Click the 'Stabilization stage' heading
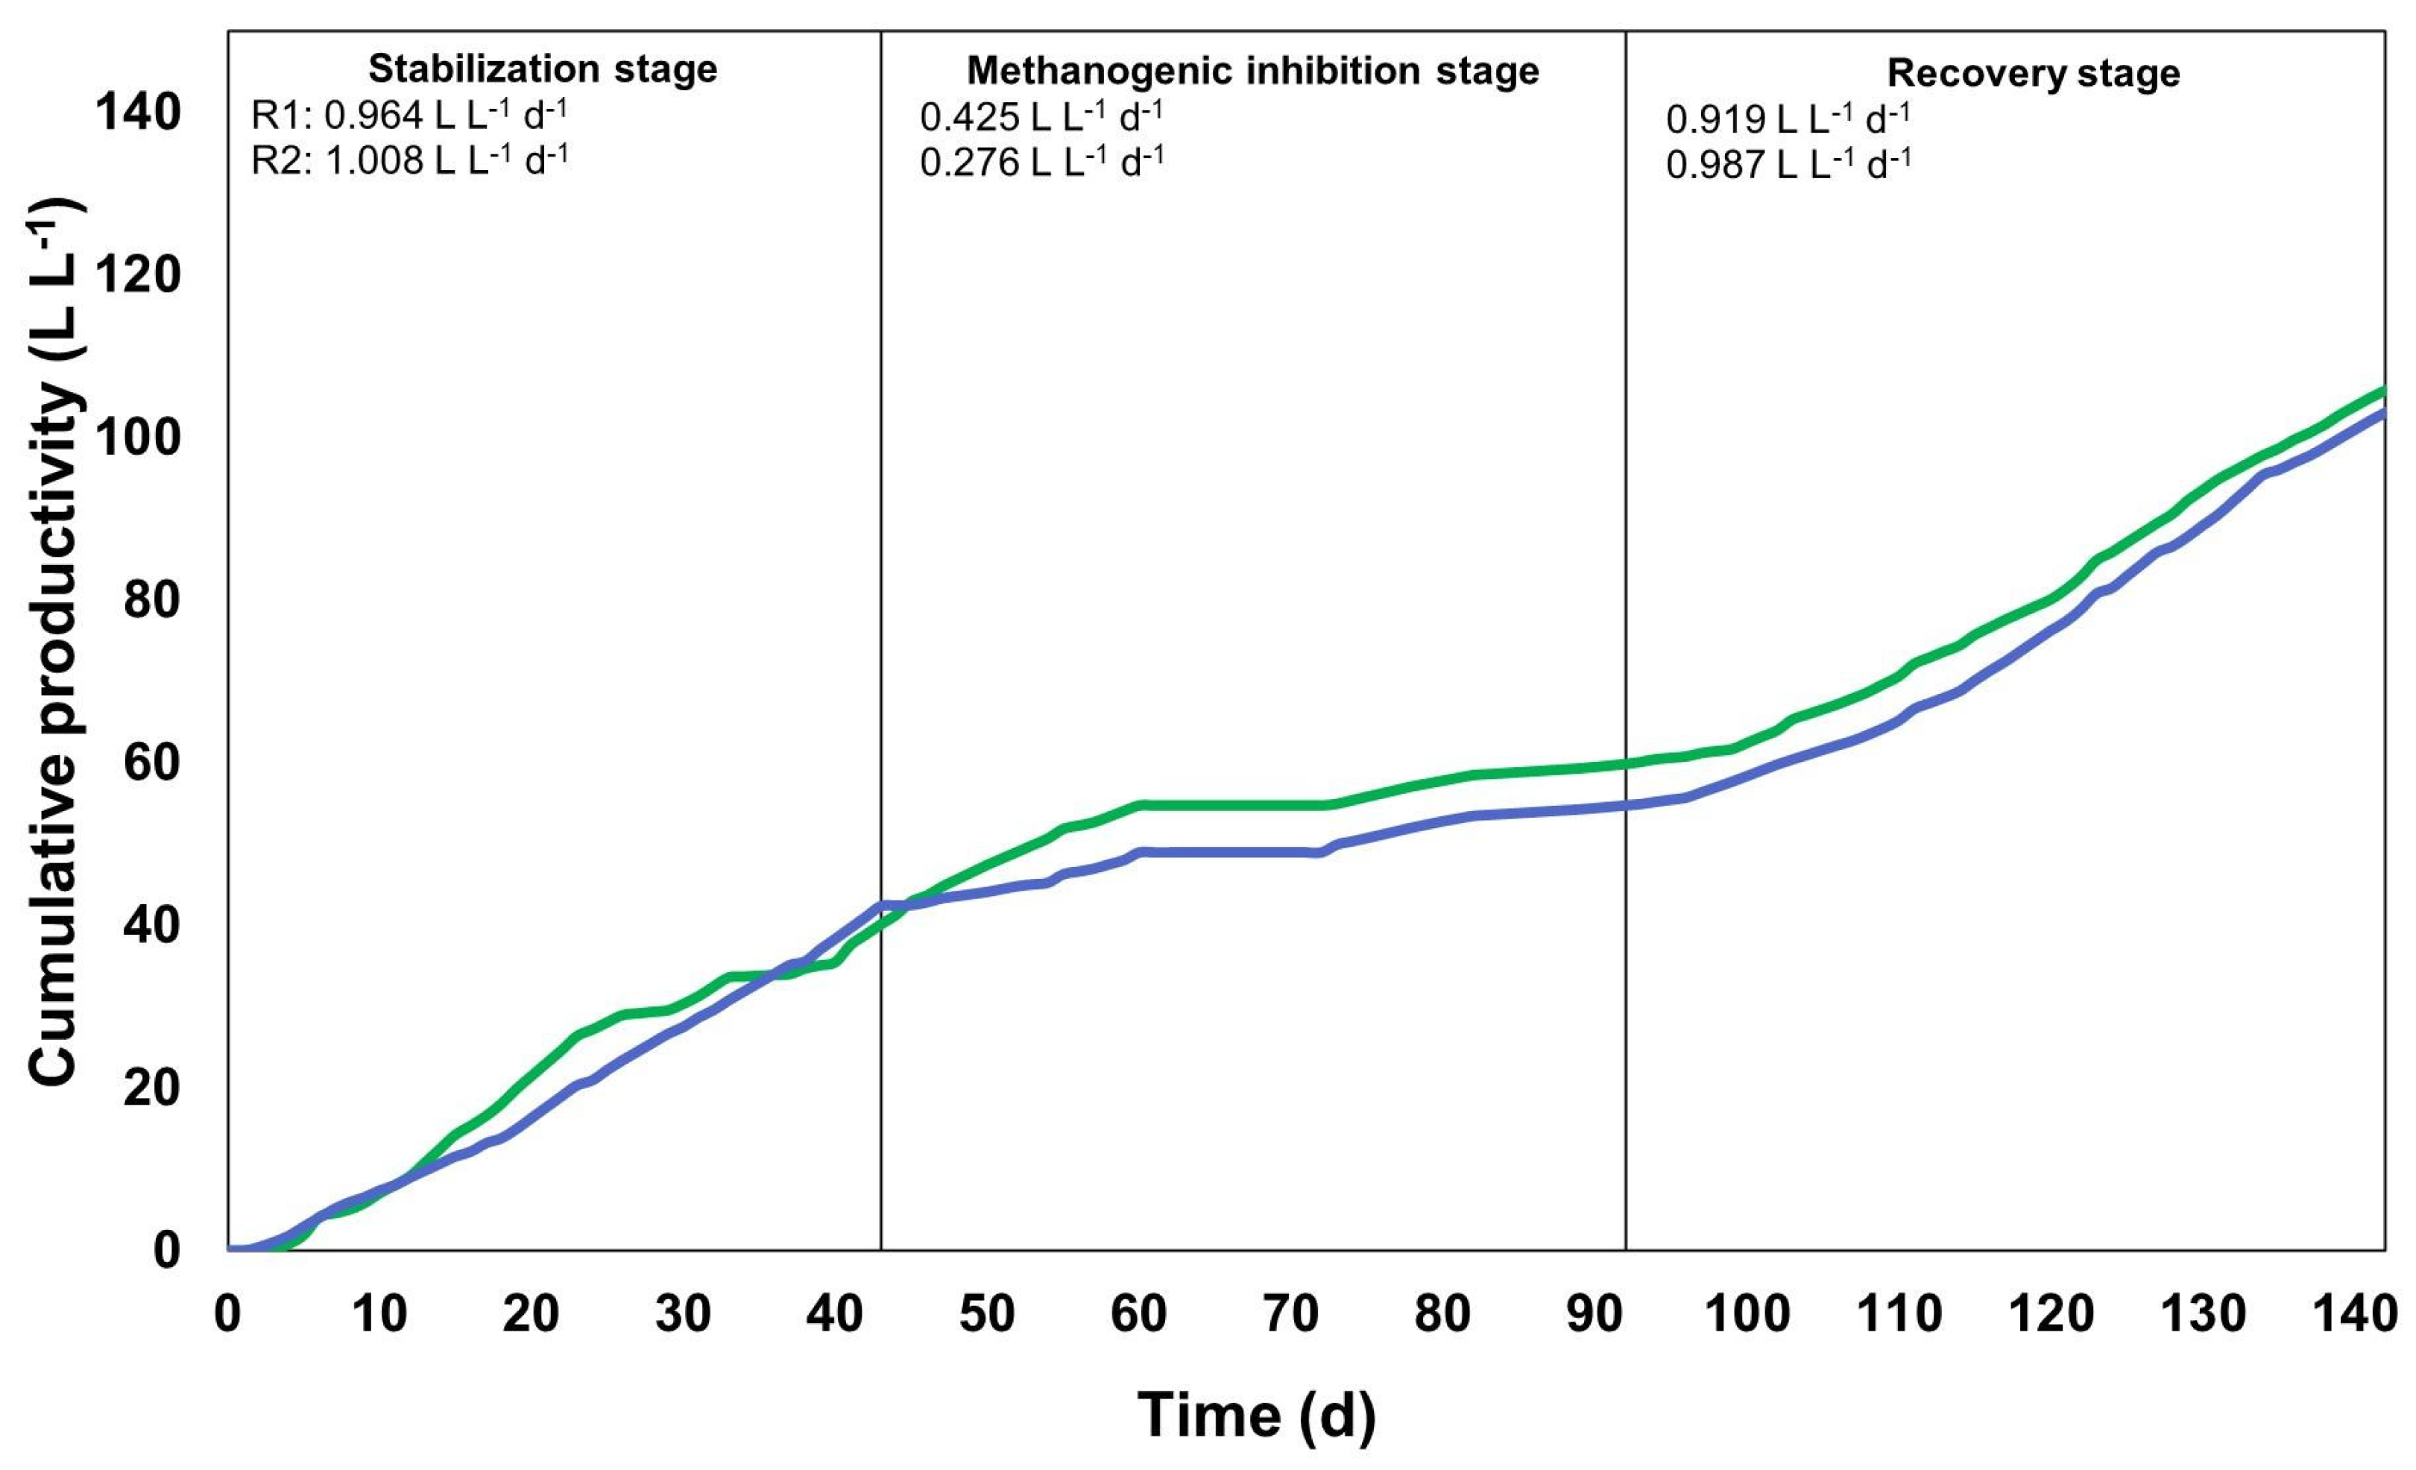542,69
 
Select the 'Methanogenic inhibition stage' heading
1252,72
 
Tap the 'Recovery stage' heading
2033,74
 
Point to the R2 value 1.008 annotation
409,159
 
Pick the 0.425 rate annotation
1041,118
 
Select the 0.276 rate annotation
1041,162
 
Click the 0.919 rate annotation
1788,119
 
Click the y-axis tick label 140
138,113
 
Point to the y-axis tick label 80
152,599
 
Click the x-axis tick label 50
986,1313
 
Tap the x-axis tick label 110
1898,1313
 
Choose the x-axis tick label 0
227,1313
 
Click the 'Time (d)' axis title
1256,1415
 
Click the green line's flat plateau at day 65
1215,805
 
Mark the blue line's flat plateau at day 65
1215,851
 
